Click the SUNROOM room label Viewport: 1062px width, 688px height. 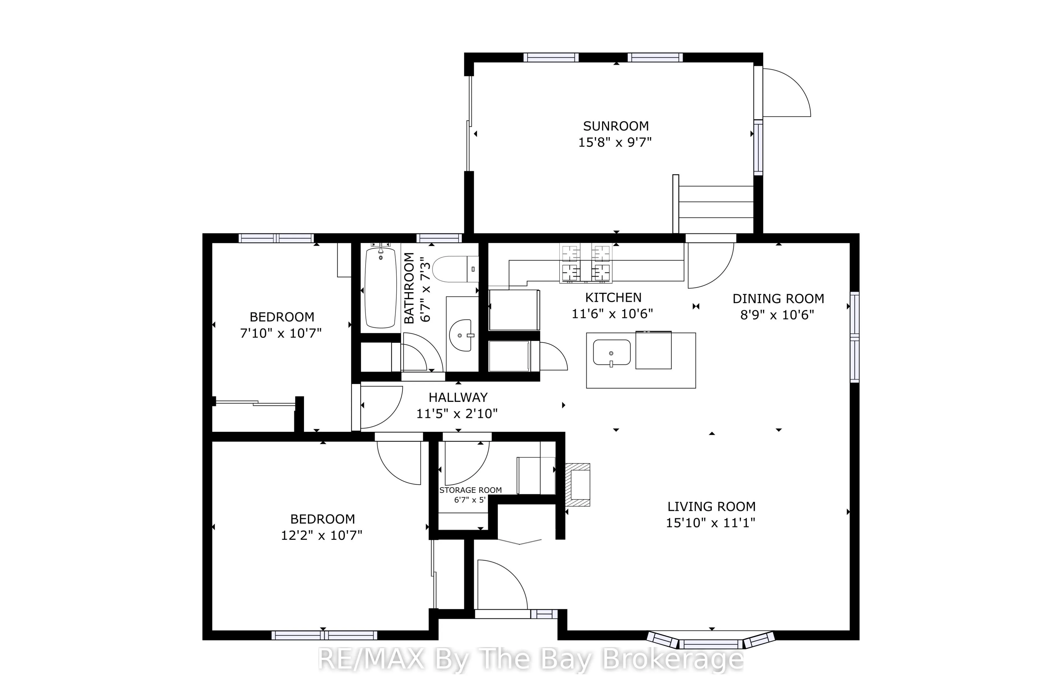[x=616, y=126]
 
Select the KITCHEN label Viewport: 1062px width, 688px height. [x=613, y=297]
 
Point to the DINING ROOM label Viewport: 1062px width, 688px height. [x=778, y=299]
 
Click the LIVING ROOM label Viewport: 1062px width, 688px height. [x=711, y=506]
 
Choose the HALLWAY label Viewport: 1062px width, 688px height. [x=458, y=397]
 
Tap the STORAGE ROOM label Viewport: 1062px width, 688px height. [x=470, y=490]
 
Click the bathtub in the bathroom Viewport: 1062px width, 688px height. [x=380, y=287]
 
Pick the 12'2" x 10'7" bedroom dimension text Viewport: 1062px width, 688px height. [x=321, y=535]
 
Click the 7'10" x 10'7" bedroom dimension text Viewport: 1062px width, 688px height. [x=281, y=333]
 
